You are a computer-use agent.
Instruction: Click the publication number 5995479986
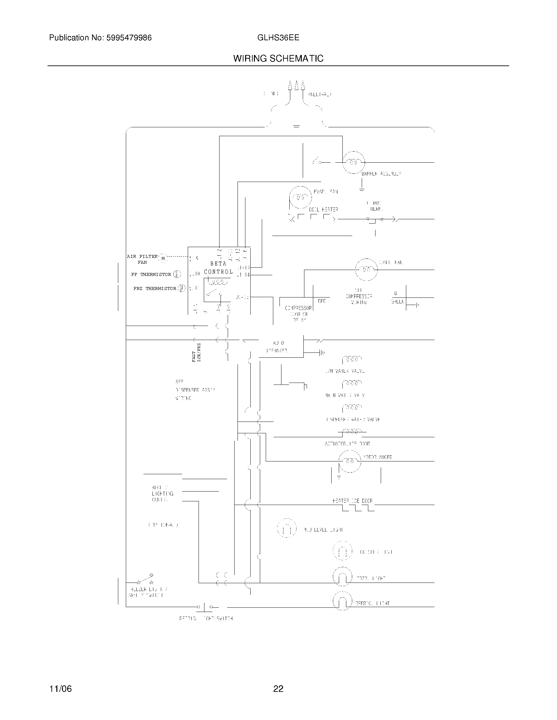coord(129,38)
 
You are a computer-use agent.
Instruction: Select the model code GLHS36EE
coord(278,38)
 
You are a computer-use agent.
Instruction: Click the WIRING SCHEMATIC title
coord(278,59)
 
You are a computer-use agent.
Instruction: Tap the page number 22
coord(278,689)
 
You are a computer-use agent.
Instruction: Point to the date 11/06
coord(60,689)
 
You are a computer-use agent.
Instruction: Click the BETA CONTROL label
coord(218,268)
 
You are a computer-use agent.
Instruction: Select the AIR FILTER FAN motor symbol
coord(163,259)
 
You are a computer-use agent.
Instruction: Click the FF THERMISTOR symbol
coord(177,274)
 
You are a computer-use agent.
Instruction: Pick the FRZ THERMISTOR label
coord(155,288)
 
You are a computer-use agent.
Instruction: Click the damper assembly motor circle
coord(354,162)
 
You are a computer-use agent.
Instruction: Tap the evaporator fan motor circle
coord(300,197)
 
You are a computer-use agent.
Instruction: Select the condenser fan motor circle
coord(366,269)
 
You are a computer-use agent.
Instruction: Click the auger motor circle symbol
coord(350,461)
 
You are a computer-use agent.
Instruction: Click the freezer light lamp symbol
coord(342,577)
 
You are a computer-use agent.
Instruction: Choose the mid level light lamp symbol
coord(286,528)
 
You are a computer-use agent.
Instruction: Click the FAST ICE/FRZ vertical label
coord(196,353)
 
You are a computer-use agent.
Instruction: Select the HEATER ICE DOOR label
coord(353,501)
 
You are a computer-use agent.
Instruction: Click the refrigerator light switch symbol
coord(204,607)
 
